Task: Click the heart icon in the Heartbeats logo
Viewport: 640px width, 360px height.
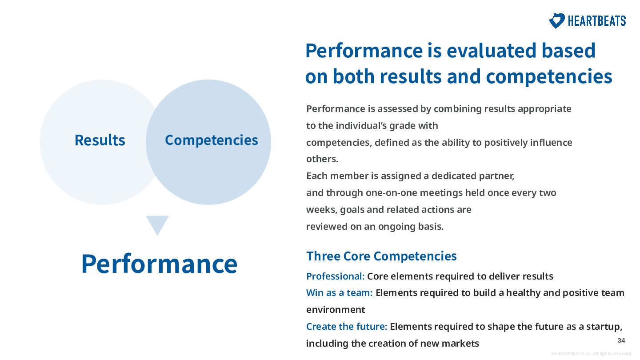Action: pyautogui.click(x=556, y=20)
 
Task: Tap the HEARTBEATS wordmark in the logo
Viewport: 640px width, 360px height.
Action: pyautogui.click(x=596, y=21)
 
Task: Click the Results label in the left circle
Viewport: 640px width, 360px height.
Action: pyautogui.click(x=100, y=140)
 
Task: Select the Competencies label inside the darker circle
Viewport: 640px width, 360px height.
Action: pyautogui.click(x=212, y=140)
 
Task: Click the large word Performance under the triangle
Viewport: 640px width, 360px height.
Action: pyautogui.click(x=159, y=264)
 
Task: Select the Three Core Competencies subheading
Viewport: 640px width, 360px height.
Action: pyautogui.click(x=381, y=256)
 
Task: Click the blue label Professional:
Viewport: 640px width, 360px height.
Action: pyautogui.click(x=335, y=276)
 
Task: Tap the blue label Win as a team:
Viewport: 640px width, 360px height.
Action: pyautogui.click(x=340, y=293)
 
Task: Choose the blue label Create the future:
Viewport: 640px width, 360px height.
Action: pyautogui.click(x=347, y=327)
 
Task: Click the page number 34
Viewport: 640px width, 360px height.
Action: pyautogui.click(x=621, y=340)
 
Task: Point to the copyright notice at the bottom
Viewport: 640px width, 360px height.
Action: pyautogui.click(x=591, y=354)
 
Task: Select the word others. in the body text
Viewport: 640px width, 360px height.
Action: pyautogui.click(x=322, y=159)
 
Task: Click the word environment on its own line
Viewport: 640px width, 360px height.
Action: pyautogui.click(x=336, y=310)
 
